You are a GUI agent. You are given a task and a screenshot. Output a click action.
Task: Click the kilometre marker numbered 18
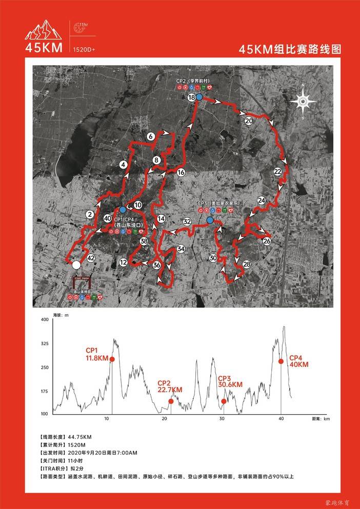(x=191, y=97)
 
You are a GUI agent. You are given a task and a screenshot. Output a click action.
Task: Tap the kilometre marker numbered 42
(x=91, y=258)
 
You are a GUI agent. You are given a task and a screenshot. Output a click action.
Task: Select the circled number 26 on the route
(x=267, y=241)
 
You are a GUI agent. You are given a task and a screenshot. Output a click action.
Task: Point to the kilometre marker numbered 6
(x=150, y=137)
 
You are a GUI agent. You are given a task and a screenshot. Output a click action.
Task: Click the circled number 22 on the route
(x=278, y=171)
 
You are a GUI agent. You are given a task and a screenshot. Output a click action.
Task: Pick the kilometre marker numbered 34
(x=181, y=249)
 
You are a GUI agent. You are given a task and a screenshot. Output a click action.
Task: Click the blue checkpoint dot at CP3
(x=210, y=220)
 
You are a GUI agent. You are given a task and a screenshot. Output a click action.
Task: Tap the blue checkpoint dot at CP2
(x=199, y=96)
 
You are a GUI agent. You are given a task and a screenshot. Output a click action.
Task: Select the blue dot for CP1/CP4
(x=123, y=210)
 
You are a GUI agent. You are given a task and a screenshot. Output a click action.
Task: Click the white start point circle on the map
(x=76, y=264)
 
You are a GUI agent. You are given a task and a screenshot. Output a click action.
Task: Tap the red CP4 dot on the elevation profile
(x=281, y=361)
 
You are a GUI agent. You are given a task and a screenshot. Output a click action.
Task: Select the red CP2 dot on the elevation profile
(x=171, y=401)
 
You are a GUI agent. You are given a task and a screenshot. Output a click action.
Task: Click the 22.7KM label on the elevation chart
(x=170, y=390)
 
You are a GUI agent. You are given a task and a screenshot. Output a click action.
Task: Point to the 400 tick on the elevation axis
(x=45, y=319)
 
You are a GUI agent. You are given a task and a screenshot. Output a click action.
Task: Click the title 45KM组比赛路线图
(x=290, y=49)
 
